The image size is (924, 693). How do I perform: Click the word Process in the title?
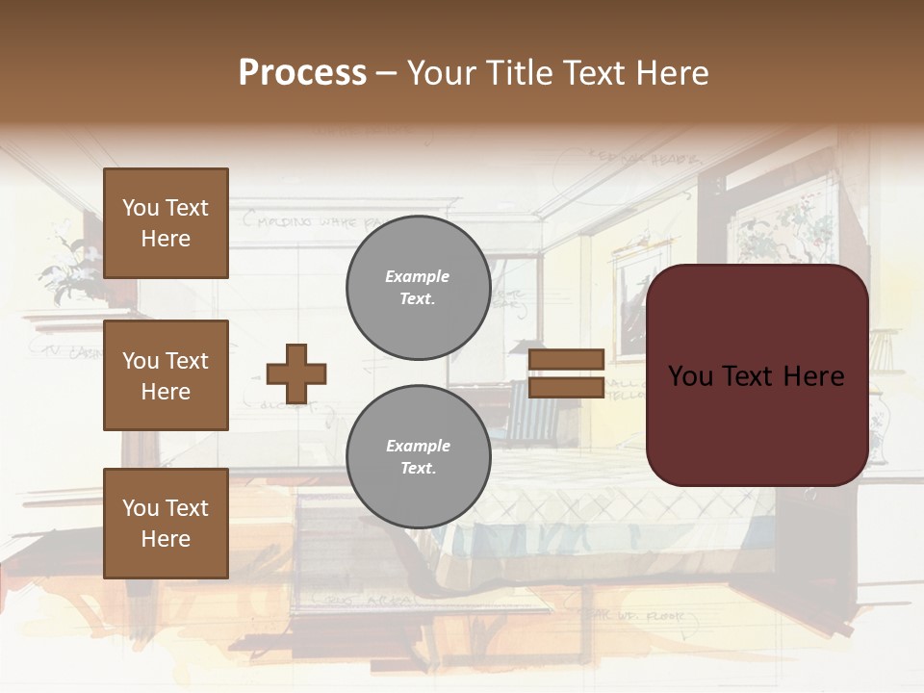[x=302, y=73]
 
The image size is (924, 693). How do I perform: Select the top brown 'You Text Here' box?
[x=166, y=223]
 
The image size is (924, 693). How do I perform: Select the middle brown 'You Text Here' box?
[x=166, y=375]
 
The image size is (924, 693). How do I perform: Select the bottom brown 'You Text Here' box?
[x=166, y=524]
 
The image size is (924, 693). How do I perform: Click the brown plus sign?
[x=296, y=373]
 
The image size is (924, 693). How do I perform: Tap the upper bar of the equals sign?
[x=567, y=360]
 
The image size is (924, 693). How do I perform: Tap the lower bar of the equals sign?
[x=567, y=387]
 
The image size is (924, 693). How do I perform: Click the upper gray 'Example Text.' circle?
[x=418, y=288]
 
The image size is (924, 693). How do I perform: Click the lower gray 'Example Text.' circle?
[x=418, y=457]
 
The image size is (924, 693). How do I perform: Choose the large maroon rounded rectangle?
[x=757, y=423]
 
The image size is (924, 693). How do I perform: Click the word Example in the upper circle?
[x=418, y=276]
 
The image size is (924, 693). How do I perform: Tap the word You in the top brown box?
[x=141, y=208]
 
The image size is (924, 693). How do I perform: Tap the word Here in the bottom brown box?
[x=166, y=539]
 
